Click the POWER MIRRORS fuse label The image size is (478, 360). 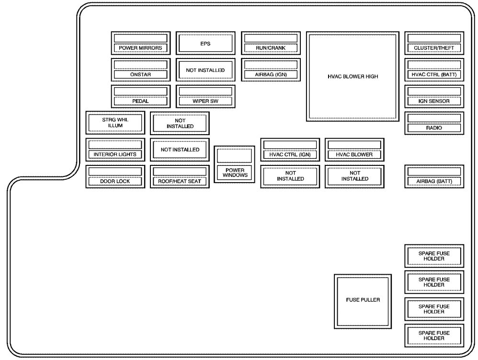(x=140, y=48)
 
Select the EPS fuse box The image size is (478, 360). (x=205, y=43)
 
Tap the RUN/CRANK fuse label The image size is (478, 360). (x=271, y=48)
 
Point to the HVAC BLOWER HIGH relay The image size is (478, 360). (x=353, y=76)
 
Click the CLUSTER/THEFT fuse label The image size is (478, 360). (x=434, y=48)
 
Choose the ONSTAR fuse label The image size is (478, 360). (x=140, y=74)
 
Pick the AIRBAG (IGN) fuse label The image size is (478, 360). (x=271, y=74)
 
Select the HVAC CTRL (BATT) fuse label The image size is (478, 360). (x=434, y=74)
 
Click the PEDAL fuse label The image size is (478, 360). (x=140, y=101)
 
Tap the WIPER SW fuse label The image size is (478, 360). (x=205, y=101)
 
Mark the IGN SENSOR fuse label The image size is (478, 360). (x=434, y=101)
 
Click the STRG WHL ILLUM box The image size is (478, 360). (x=115, y=123)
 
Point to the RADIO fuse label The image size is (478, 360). (x=434, y=128)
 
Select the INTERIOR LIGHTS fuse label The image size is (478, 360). (x=115, y=154)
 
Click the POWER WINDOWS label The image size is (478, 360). (x=235, y=173)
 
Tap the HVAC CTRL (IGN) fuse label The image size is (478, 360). (x=290, y=154)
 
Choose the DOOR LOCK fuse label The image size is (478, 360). (x=115, y=181)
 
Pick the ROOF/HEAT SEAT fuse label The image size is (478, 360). (x=180, y=181)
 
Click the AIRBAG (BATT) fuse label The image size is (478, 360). (x=434, y=181)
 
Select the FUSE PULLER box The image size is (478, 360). (x=363, y=302)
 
